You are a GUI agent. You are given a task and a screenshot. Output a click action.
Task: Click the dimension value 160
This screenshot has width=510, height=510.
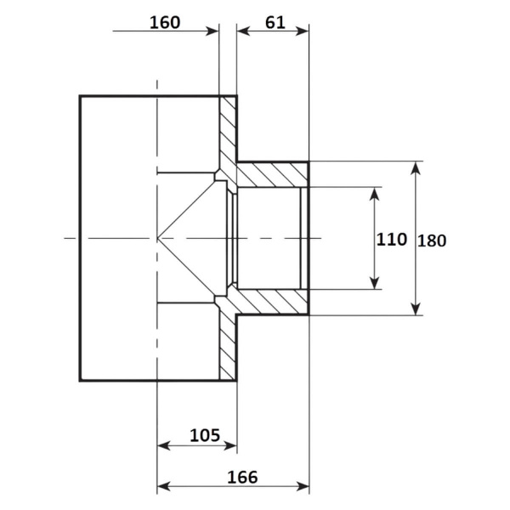click(x=165, y=23)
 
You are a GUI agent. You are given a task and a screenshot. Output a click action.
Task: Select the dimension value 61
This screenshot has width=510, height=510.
click(x=275, y=23)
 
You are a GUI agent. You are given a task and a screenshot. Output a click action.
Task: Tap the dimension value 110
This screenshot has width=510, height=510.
click(x=391, y=240)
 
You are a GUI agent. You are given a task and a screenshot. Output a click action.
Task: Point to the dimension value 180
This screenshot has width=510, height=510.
click(x=432, y=241)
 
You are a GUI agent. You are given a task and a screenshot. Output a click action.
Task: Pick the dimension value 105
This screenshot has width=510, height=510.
click(x=205, y=435)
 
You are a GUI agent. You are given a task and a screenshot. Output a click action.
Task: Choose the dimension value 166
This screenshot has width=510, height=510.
click(x=242, y=477)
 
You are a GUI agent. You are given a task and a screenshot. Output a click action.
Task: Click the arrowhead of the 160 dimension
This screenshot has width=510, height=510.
click(x=212, y=31)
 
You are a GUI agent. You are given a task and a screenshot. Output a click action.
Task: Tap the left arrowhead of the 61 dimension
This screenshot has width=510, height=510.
click(x=243, y=31)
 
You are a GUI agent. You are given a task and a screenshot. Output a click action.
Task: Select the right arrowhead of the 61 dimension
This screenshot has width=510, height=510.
click(x=302, y=31)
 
